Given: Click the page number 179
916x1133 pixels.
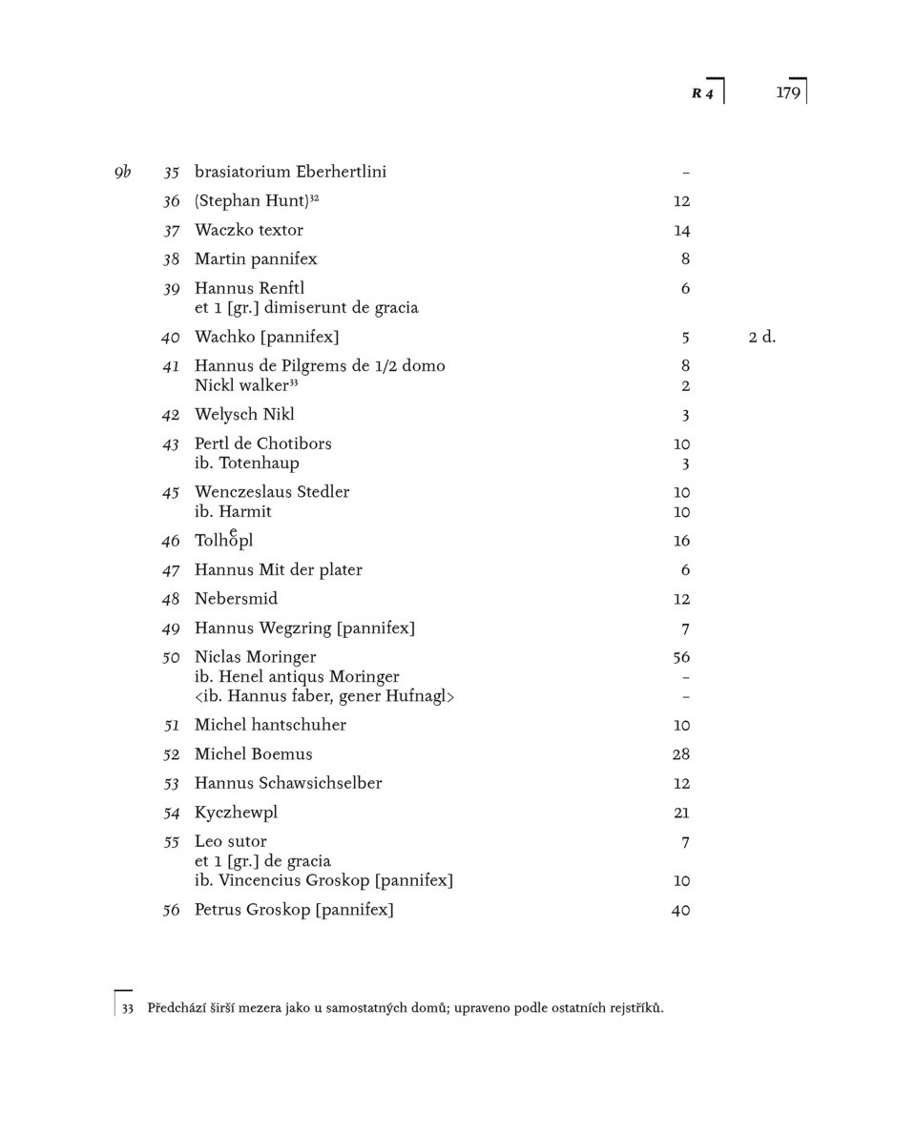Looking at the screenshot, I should click(x=787, y=93).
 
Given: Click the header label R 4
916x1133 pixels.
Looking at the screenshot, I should click(x=702, y=93).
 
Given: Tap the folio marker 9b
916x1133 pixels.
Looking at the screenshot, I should click(x=122, y=173).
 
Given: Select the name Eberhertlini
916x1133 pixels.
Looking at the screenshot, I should click(x=341, y=173).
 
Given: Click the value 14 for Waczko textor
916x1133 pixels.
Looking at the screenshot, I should click(x=681, y=231).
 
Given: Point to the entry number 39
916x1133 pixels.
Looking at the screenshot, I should click(x=171, y=289).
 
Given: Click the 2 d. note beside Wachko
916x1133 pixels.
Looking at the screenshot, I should click(x=761, y=338).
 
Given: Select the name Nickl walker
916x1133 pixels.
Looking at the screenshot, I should click(x=241, y=386).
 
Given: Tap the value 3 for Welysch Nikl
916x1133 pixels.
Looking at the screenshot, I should click(x=685, y=416).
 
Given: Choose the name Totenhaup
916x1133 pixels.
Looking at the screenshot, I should click(x=259, y=463).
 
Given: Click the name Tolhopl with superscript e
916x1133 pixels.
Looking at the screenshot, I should click(x=223, y=541).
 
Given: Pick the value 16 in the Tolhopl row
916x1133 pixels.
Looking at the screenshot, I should click(x=681, y=542).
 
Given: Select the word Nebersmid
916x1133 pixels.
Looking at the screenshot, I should click(x=236, y=599).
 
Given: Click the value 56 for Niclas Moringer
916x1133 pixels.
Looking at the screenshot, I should click(x=681, y=658).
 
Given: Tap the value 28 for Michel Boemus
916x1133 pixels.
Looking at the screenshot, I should click(x=681, y=754).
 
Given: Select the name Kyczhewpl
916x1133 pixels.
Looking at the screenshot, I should click(x=236, y=814).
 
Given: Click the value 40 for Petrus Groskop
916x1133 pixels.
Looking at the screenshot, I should click(x=680, y=911).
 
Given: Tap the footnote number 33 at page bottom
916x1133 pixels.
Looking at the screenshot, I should click(x=127, y=1009).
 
